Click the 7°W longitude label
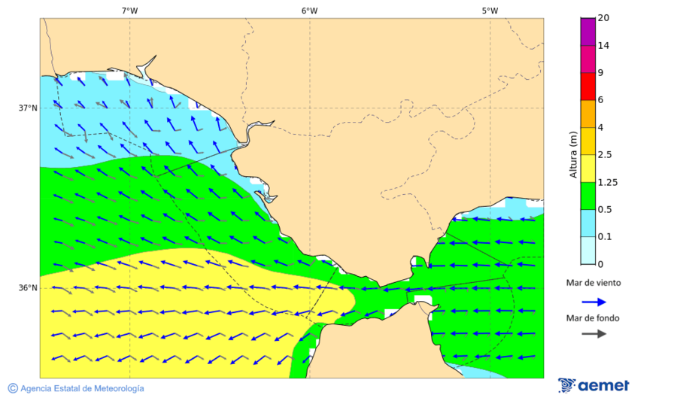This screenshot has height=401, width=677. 129,11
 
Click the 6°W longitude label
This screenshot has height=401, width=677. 309,11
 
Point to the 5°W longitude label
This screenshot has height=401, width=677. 490,11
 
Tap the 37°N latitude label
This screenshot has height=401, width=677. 28,108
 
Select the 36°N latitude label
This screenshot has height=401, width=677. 28,288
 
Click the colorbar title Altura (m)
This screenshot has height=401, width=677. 573,155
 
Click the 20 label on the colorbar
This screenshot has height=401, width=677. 603,18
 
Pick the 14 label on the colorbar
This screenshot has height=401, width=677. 603,46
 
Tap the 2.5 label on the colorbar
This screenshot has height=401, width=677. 604,155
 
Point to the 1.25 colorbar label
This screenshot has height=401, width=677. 606,182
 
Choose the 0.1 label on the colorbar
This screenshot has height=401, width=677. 604,237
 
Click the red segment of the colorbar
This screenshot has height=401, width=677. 587,87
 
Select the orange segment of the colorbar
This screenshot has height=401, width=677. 587,114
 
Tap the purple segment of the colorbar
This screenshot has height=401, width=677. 587,32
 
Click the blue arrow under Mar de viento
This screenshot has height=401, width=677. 594,302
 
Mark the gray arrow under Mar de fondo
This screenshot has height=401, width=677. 594,333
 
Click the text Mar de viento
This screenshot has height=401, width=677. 594,283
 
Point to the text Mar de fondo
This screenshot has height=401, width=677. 594,318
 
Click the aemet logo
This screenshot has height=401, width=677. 594,385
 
